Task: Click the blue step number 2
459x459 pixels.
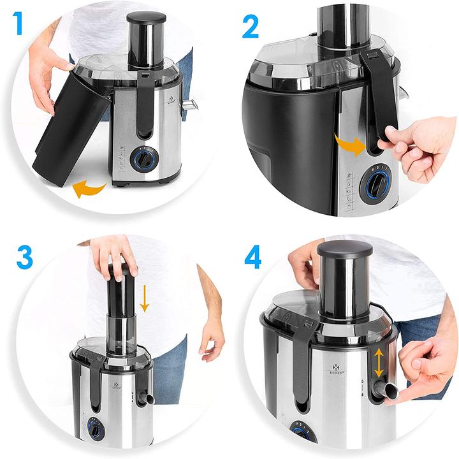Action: click(x=250, y=26)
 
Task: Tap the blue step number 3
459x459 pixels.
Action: click(x=23, y=257)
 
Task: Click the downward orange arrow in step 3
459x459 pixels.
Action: click(x=145, y=298)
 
